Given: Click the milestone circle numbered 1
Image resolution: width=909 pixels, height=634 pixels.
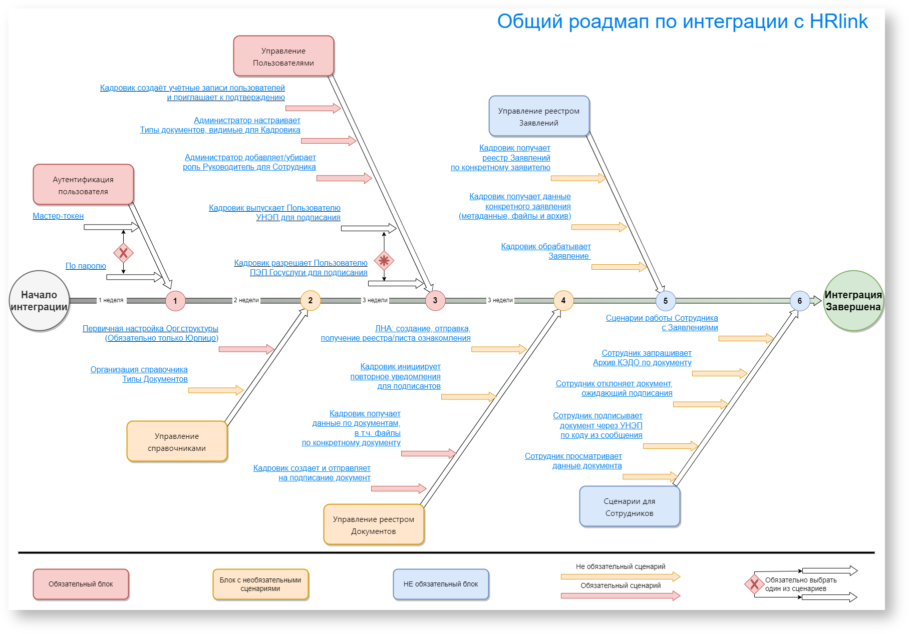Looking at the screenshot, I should [x=175, y=301].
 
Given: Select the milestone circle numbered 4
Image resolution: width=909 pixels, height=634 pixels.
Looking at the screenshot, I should [x=563, y=301].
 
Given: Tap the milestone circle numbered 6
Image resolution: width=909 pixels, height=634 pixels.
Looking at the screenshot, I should [x=799, y=301].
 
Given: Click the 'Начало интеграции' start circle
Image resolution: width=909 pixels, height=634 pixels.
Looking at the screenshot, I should [x=39, y=301].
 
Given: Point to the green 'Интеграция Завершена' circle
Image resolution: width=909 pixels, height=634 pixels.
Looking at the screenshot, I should [x=853, y=301].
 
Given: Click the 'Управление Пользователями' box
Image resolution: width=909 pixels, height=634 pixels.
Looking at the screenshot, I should [x=283, y=57].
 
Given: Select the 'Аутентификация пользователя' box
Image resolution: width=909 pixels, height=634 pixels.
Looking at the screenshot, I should [x=83, y=185].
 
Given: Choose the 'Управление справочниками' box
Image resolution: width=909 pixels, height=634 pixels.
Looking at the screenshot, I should [x=177, y=442].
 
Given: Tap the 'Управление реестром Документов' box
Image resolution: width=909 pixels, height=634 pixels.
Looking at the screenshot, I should [x=374, y=525].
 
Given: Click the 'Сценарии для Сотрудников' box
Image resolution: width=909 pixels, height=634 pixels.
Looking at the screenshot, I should [x=630, y=507].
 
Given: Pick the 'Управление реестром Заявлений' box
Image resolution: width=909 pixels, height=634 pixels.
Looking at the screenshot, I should [x=539, y=117].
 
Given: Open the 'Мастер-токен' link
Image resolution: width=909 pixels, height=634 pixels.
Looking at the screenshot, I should [x=58, y=216].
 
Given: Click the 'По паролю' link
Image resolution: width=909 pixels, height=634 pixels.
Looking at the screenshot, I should [x=86, y=266].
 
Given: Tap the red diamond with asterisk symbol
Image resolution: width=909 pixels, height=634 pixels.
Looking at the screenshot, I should [x=384, y=261].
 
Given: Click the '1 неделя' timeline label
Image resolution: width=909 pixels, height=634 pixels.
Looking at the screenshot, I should [x=111, y=300].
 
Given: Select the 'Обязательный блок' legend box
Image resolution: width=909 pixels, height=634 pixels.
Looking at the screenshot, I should [x=81, y=584].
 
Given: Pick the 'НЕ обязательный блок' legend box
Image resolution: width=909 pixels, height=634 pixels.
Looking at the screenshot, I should [x=441, y=584].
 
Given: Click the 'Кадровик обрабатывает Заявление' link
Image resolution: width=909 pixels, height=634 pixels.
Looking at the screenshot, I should [x=546, y=251].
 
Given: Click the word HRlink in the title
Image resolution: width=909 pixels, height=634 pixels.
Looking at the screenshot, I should [x=838, y=22].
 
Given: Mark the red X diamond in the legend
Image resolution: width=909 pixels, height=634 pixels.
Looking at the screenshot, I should [x=754, y=584].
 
